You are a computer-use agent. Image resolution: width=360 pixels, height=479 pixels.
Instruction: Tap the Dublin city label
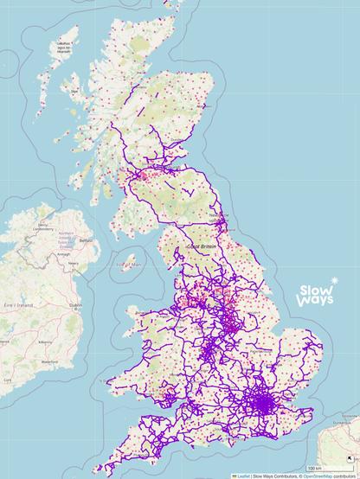coord(76,304)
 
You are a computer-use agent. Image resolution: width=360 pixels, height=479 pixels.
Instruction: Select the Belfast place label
coord(85,239)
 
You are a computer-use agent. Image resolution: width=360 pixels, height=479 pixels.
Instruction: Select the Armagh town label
coord(61,255)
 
